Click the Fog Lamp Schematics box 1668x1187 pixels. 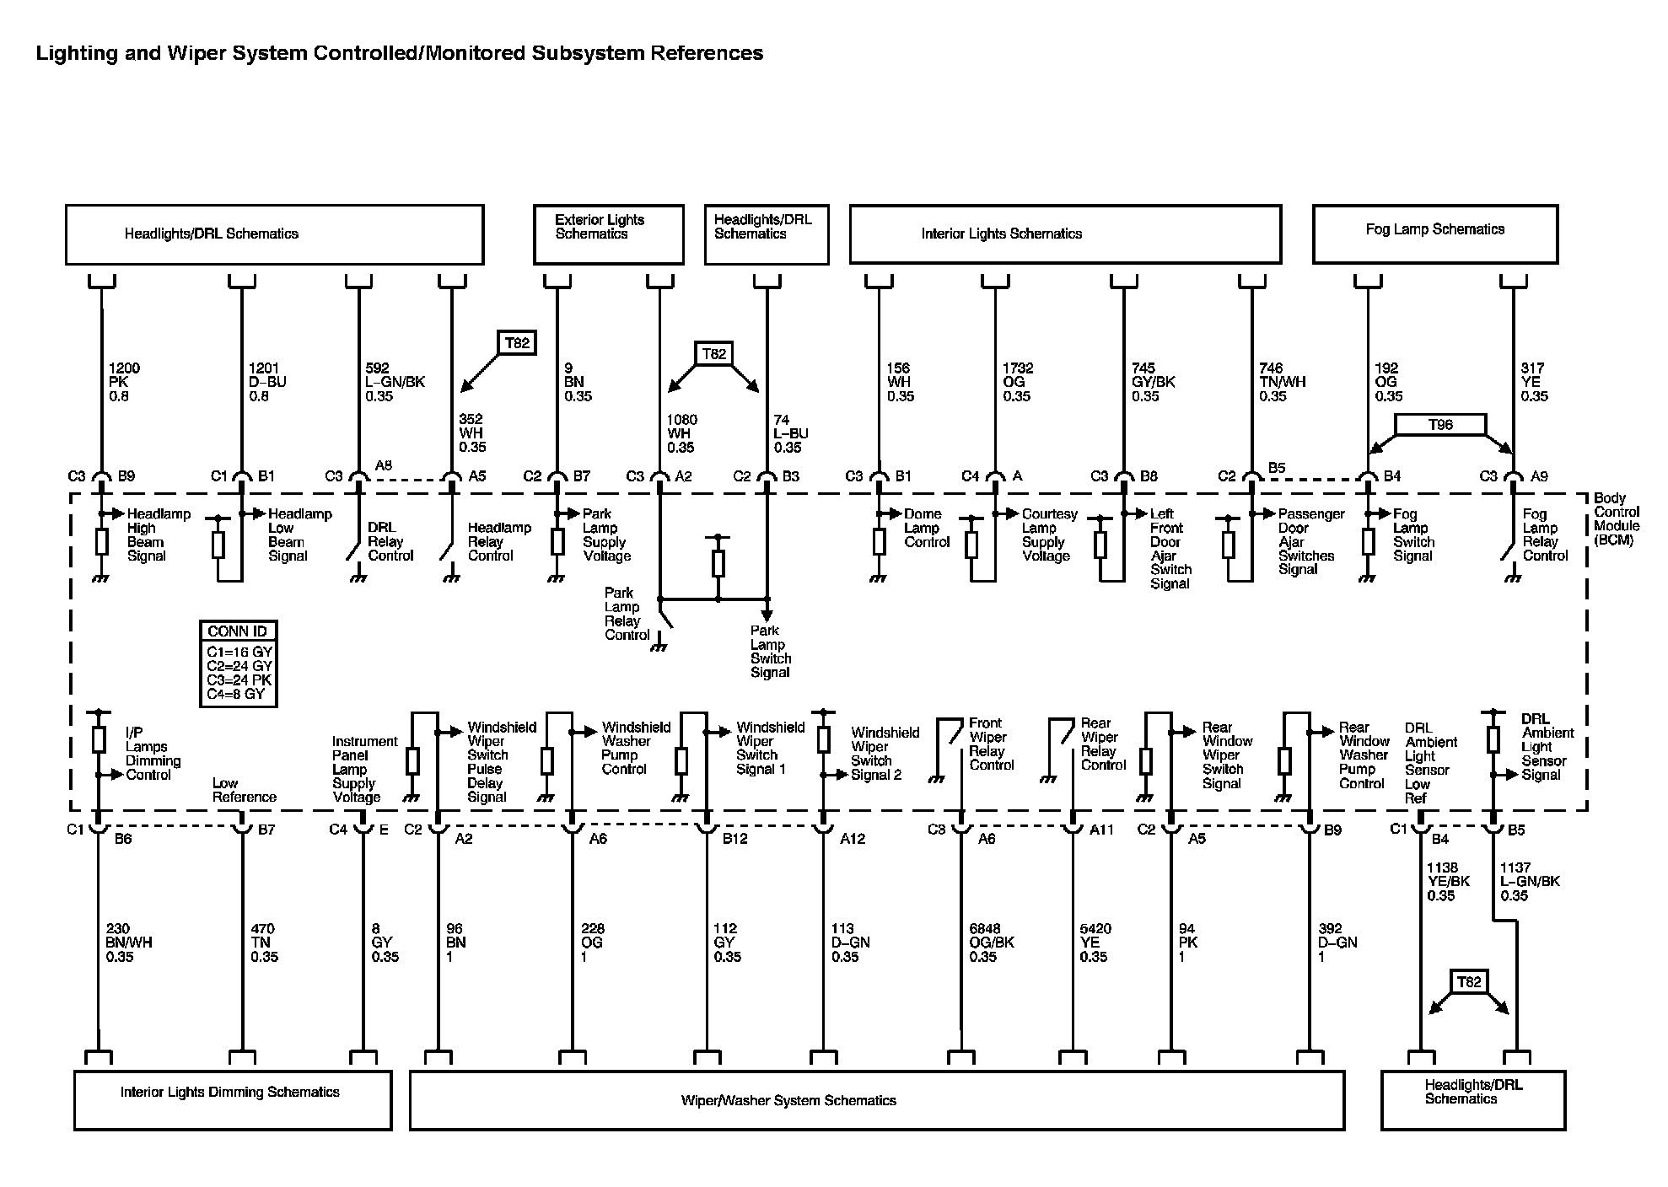coord(1434,234)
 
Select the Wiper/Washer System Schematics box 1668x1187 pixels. coord(876,1100)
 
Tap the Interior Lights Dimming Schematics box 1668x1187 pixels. coord(232,1099)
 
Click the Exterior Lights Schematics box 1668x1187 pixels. coord(608,234)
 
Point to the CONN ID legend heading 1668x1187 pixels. coord(237,631)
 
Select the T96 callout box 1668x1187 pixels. coord(1440,425)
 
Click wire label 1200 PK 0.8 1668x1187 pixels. coord(123,382)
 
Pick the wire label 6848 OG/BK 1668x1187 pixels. coord(991,943)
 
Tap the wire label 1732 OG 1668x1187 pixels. coord(1017,382)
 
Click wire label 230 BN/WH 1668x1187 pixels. coord(129,943)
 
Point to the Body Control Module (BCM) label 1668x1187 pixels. coord(1615,519)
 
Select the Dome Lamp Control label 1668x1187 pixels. coord(927,528)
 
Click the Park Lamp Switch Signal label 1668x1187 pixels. coord(771,652)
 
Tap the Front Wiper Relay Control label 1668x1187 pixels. coord(991,744)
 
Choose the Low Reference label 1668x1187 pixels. coord(244,790)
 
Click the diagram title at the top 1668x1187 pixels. coord(399,53)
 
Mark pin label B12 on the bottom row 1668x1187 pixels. coord(734,839)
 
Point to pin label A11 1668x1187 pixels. coord(1101,830)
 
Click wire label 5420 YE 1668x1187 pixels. coord(1095,943)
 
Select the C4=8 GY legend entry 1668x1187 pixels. coord(235,695)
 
